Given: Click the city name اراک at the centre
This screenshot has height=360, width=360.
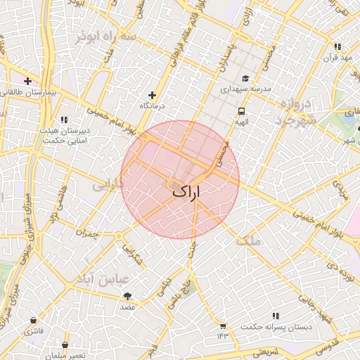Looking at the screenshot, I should [x=186, y=191].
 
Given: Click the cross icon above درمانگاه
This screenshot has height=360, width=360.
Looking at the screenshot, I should [x=152, y=95].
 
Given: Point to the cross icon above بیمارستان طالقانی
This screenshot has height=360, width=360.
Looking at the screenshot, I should [x=28, y=81].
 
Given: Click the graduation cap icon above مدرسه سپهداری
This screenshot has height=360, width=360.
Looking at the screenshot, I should [x=245, y=79].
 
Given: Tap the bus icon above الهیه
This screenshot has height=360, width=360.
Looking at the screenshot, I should [x=241, y=111].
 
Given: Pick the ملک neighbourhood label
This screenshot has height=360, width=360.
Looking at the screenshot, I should [x=249, y=240].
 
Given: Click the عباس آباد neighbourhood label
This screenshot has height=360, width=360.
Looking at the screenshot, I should [x=91, y=279].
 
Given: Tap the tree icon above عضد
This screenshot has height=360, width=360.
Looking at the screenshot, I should [x=127, y=297].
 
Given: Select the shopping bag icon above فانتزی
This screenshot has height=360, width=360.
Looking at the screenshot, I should [x=33, y=320].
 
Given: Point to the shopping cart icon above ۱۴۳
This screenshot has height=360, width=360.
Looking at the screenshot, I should [x=223, y=326].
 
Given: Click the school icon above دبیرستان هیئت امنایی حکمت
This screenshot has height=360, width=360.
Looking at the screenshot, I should [x=65, y=120].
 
